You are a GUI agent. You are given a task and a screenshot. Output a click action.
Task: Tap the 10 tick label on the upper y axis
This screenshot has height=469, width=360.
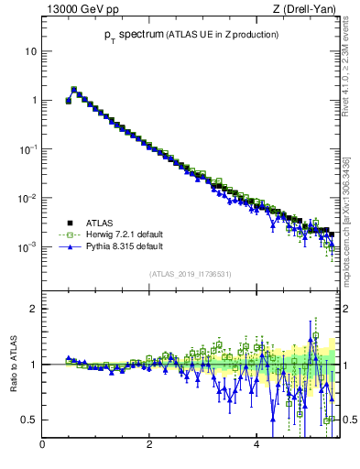[31, 51]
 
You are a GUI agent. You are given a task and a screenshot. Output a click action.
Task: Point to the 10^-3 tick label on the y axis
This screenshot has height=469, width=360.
[28, 246]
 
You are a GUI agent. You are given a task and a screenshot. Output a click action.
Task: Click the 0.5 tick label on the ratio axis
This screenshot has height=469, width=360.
[29, 420]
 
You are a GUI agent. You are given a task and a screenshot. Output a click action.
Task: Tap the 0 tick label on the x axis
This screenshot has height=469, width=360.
[42, 446]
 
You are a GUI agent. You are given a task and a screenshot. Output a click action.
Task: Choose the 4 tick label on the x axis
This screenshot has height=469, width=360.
[257, 446]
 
